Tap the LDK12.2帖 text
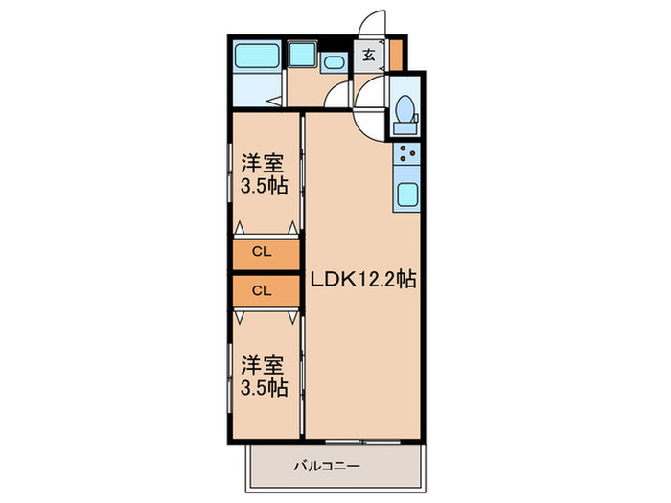point(362,281)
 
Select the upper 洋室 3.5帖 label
point(263,173)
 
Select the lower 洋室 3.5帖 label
point(263,376)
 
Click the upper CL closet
point(262,253)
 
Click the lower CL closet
point(262,289)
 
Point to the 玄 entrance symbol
point(368,56)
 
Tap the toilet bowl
point(404,106)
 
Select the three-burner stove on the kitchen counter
point(406,153)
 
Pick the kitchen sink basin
point(406,194)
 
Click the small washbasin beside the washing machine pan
point(334,63)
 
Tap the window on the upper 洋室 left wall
point(230,172)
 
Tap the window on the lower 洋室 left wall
point(230,376)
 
